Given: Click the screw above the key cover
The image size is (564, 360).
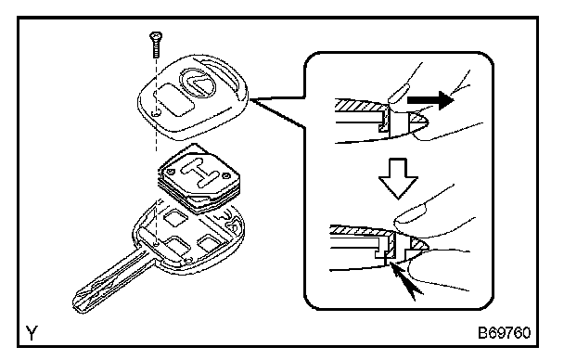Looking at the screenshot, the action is [x=156, y=45].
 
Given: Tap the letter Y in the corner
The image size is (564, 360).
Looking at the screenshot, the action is [x=32, y=333].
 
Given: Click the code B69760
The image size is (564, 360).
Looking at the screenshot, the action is [x=504, y=333].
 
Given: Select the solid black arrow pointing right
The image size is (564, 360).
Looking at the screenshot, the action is [x=430, y=99].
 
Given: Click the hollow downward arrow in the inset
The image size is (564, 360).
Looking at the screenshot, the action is [x=398, y=178].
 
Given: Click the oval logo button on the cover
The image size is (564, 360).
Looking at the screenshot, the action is [x=198, y=83].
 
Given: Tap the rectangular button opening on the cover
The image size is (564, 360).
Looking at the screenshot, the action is [x=174, y=99].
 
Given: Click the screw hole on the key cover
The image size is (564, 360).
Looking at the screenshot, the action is [x=156, y=113].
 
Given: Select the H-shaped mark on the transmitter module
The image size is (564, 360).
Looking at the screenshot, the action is [x=199, y=172].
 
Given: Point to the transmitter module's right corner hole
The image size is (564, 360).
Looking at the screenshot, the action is [x=226, y=176].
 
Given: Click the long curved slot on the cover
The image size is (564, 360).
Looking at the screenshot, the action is [x=220, y=74].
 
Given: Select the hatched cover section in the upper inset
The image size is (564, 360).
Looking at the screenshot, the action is [x=361, y=106].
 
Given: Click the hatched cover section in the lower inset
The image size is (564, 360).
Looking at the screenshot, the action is [x=360, y=231].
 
